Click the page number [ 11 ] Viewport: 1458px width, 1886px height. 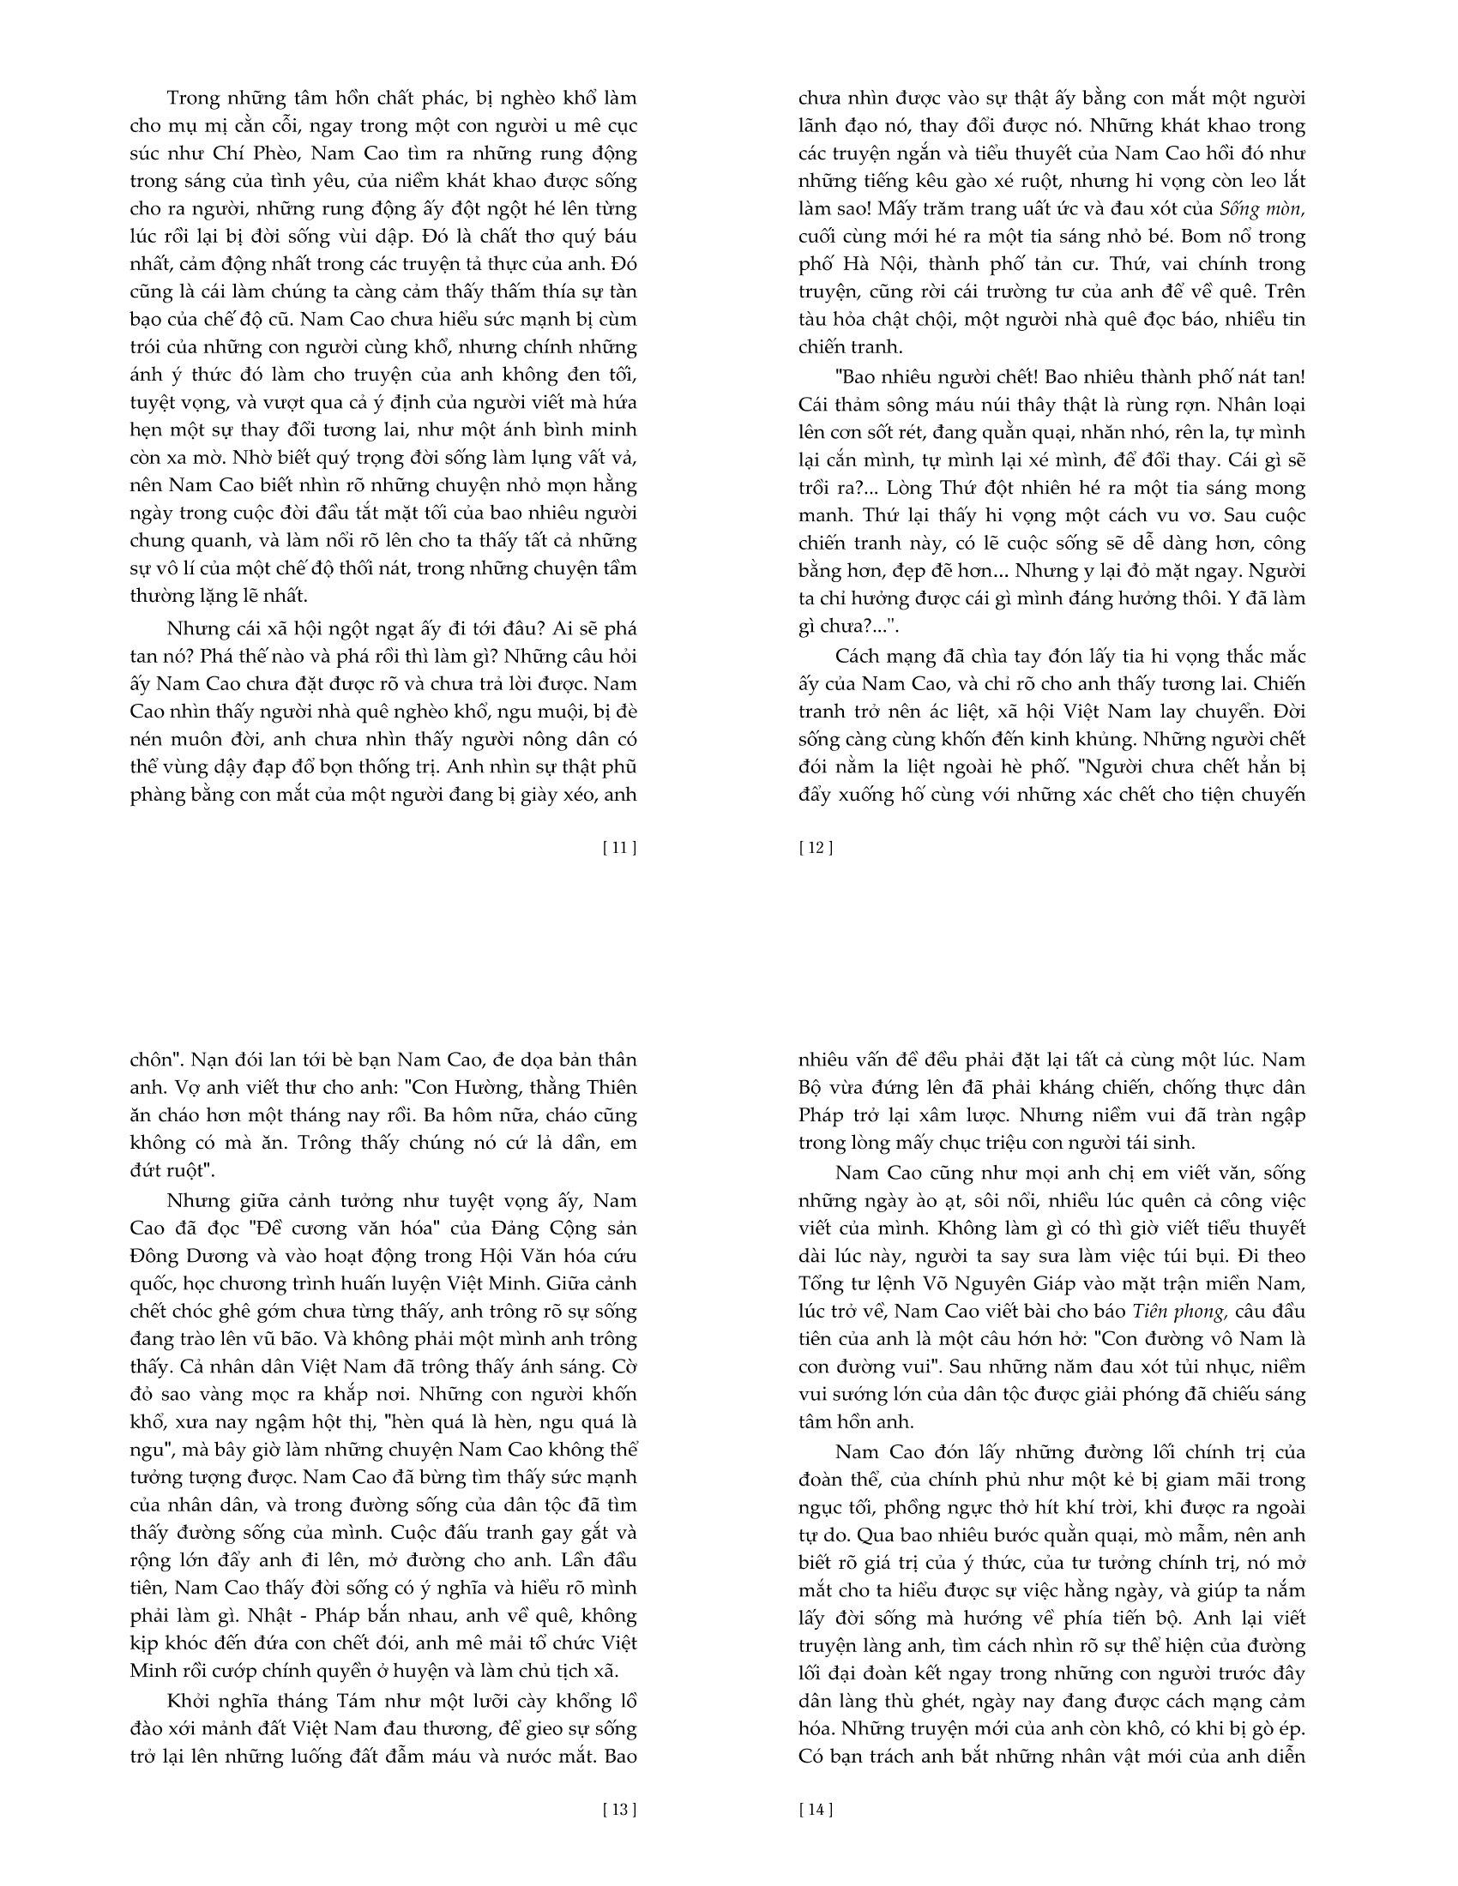click(618, 847)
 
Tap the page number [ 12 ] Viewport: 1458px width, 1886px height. click(816, 847)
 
